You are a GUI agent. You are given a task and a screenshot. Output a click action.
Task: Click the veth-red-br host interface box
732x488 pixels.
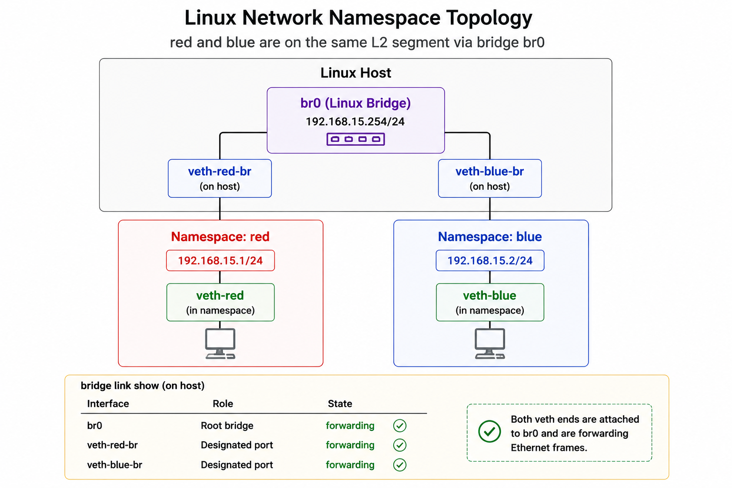220,178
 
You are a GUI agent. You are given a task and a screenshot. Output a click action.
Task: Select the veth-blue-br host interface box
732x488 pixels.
489,178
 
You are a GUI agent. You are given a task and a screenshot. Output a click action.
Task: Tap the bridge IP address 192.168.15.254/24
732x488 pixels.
355,122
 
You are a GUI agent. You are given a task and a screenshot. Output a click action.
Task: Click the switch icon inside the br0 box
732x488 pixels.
356,139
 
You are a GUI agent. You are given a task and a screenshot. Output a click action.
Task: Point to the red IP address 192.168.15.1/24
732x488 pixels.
220,261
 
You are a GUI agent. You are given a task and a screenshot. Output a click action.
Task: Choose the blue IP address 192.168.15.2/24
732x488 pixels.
490,261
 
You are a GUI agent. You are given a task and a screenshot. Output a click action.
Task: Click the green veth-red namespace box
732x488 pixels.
220,302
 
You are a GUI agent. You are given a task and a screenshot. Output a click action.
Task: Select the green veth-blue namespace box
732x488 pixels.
490,302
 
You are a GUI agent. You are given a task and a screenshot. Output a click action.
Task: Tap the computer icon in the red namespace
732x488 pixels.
220,344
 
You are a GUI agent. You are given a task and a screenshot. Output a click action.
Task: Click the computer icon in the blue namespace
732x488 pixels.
490,344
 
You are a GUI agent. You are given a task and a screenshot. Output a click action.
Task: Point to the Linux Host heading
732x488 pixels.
356,73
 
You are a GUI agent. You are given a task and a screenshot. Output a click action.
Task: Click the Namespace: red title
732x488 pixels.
220,237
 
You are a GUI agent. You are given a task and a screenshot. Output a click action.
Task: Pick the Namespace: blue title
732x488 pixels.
490,237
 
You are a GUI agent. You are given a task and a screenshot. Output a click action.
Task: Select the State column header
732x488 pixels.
340,404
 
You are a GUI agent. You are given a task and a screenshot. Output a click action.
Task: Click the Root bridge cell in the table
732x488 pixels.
227,426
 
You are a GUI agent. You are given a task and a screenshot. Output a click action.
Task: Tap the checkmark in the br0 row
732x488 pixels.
400,426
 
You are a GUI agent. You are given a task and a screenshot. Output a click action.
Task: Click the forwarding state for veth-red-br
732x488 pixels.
350,445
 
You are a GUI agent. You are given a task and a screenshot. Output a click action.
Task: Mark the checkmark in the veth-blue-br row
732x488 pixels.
400,465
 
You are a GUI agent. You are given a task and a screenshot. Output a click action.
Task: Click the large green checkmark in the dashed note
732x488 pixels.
489,431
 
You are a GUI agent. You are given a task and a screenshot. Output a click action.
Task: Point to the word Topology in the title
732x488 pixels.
489,18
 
